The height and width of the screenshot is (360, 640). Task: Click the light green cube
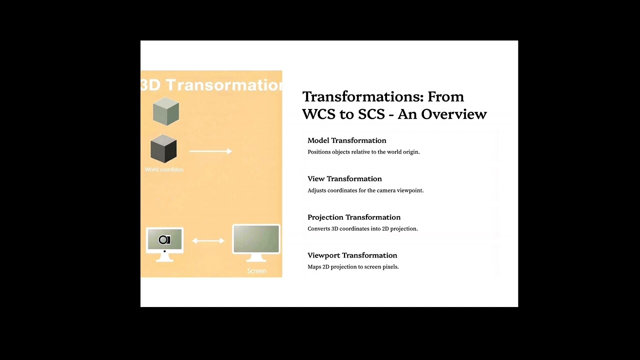(x=166, y=111)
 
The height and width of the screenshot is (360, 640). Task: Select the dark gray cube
(x=163, y=148)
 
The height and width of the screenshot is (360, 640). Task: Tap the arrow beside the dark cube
(x=210, y=151)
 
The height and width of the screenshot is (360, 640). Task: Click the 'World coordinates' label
(x=164, y=169)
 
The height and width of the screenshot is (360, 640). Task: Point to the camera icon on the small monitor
(x=164, y=240)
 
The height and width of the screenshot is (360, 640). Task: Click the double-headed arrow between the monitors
(x=208, y=241)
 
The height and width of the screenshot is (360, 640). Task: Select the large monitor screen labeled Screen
(x=256, y=239)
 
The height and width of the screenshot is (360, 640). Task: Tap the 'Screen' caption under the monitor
(x=256, y=271)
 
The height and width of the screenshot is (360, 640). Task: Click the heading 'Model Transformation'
(x=347, y=140)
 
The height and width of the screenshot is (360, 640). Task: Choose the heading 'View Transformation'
(x=344, y=178)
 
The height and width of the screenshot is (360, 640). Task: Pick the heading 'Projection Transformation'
(x=354, y=217)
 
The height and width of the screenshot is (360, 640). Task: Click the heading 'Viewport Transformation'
(x=352, y=255)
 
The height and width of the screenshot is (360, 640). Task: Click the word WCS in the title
(x=319, y=114)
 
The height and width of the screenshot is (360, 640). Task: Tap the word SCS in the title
(x=370, y=114)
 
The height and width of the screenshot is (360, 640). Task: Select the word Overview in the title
(x=454, y=114)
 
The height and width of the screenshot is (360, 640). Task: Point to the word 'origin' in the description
(x=410, y=152)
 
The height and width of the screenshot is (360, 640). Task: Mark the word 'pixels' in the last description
(x=390, y=267)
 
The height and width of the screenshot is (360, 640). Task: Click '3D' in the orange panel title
(x=150, y=84)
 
